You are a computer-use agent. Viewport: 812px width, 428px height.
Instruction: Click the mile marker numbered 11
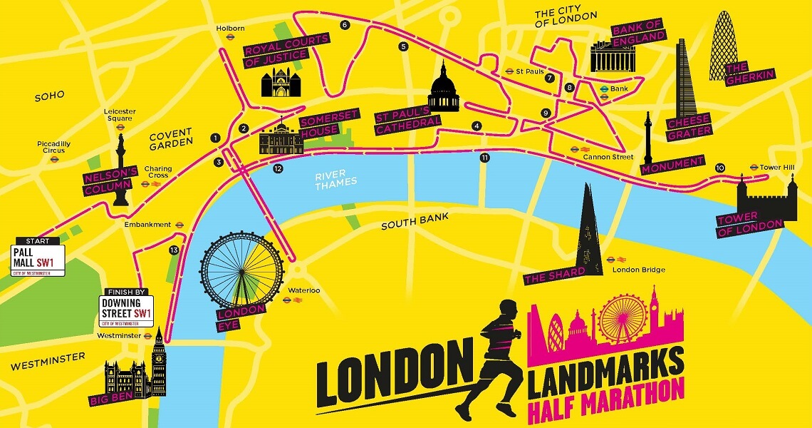click(x=485, y=158)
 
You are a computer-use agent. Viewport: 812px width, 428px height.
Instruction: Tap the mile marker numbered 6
click(x=345, y=25)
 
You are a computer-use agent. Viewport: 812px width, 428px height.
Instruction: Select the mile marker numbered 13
click(x=174, y=250)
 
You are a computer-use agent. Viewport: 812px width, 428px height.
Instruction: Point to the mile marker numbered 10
click(x=720, y=168)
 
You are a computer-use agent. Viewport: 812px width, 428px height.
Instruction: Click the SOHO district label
click(x=49, y=96)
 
